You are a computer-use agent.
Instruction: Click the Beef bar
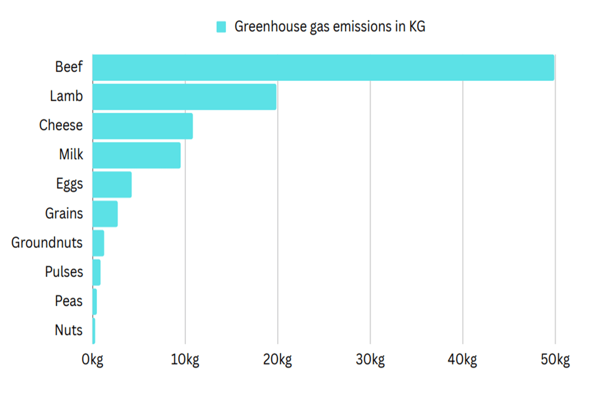pos(323,68)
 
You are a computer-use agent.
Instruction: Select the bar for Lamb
pos(184,97)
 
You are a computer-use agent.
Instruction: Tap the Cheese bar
pos(142,126)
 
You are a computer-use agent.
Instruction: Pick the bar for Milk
pos(136,155)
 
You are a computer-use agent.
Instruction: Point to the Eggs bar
pos(112,184)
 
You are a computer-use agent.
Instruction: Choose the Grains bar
pos(105,213)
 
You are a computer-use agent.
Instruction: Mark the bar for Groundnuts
pos(98,242)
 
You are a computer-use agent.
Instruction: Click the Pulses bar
pos(96,272)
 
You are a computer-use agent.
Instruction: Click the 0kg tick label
pos(92,360)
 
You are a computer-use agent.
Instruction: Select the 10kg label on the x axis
pos(185,360)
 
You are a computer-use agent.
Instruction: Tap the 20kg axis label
pos(277,360)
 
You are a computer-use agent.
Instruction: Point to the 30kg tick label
pos(370,360)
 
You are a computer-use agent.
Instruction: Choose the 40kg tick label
pos(463,360)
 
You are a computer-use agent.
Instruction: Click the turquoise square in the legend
pos(222,27)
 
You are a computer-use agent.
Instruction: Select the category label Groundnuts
pos(47,243)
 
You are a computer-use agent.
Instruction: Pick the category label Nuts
pos(69,330)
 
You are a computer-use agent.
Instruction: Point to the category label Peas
pos(69,301)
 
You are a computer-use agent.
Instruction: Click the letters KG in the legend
pos(417,27)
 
